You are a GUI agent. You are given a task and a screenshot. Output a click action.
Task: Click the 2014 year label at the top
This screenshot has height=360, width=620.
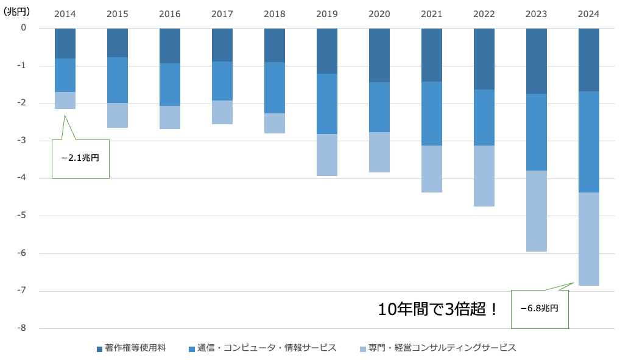[65, 14]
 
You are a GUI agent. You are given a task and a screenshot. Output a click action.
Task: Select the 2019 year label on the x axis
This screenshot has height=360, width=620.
[327, 14]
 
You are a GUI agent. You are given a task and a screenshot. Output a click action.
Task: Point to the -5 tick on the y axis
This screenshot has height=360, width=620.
[23, 216]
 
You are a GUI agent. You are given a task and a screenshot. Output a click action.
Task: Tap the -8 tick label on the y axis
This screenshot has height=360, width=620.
[23, 328]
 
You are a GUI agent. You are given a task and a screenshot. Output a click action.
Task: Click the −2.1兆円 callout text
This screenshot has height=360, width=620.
[80, 158]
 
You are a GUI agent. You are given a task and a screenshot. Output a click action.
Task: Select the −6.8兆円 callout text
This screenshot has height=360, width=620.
[540, 308]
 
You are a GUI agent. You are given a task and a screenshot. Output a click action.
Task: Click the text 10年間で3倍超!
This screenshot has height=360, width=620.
[438, 309]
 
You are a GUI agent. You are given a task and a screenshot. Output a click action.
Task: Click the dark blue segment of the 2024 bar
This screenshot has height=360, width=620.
[589, 60]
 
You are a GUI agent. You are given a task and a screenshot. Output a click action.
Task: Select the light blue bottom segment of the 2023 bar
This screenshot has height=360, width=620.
[537, 211]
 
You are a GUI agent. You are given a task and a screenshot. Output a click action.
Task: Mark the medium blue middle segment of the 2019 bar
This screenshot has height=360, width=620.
[327, 104]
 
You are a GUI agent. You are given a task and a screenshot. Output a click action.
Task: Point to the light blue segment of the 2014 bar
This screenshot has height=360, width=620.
[65, 101]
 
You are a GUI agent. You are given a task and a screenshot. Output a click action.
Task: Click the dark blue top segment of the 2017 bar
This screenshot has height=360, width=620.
[222, 44]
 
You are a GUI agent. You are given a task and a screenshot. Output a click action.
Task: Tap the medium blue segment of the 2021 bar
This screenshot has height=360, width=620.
[432, 113]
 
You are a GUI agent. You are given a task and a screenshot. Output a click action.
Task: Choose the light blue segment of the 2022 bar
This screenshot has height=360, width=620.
[484, 176]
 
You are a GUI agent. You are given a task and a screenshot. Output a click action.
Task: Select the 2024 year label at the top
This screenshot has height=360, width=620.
[589, 14]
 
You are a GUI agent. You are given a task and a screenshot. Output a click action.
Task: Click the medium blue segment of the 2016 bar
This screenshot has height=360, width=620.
[170, 85]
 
